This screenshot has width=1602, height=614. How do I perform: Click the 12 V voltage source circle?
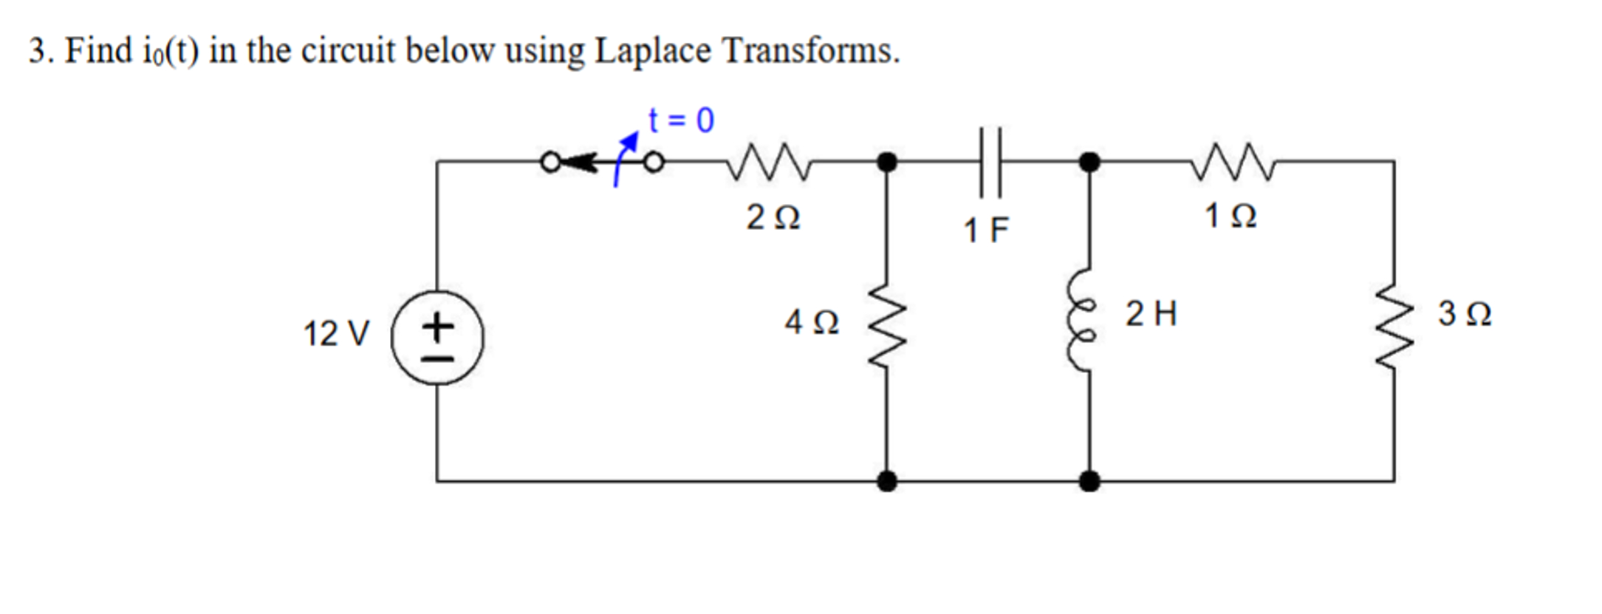pyautogui.click(x=437, y=338)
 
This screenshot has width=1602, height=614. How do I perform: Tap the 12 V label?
pyautogui.click(x=335, y=334)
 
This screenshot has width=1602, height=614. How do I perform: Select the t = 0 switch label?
pyautogui.click(x=681, y=120)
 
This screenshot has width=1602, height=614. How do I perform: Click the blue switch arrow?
pyautogui.click(x=625, y=158)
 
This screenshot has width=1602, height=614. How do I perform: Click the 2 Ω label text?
pyautogui.click(x=773, y=218)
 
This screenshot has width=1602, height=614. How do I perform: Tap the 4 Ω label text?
pyautogui.click(x=811, y=322)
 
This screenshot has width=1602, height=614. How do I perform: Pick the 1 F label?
pyautogui.click(x=986, y=231)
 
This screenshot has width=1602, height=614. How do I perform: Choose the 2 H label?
pyautogui.click(x=1151, y=314)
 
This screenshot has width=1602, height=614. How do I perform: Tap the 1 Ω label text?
pyautogui.click(x=1230, y=216)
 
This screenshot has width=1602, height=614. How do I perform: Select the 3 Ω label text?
pyautogui.click(x=1464, y=314)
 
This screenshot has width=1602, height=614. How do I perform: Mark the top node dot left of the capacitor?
pyautogui.click(x=887, y=161)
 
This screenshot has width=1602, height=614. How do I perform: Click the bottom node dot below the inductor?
pyautogui.click(x=1089, y=482)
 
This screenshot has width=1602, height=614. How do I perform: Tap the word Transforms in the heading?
pyautogui.click(x=810, y=51)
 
